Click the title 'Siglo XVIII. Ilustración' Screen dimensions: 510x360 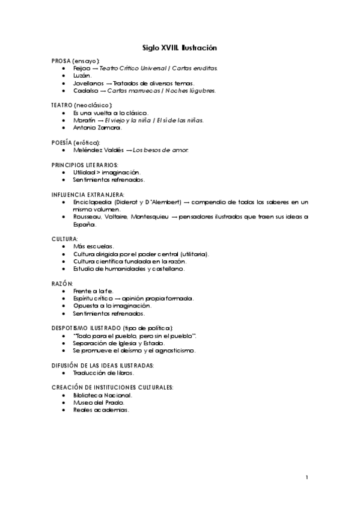click(x=179, y=47)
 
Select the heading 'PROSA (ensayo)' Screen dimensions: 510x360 click(x=76, y=62)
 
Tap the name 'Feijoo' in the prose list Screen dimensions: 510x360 click(x=82, y=69)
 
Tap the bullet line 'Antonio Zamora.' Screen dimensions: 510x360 click(x=97, y=127)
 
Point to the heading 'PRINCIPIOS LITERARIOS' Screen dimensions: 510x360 click(x=85, y=164)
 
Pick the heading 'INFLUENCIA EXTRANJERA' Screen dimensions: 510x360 click(x=88, y=194)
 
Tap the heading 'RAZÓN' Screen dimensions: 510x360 click(x=63, y=283)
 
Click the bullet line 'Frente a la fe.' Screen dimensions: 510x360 click(x=93, y=290)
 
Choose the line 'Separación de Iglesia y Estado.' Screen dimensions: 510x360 click(x=118, y=343)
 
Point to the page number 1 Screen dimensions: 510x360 click(x=307, y=478)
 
